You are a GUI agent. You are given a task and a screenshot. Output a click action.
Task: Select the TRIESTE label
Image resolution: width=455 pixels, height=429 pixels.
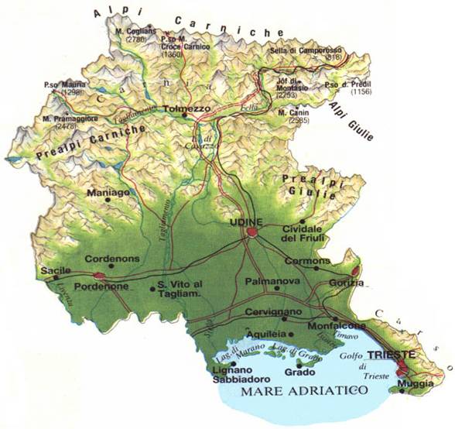point(392,355)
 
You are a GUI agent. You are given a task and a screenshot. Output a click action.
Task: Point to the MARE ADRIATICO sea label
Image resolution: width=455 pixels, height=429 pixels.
point(302,393)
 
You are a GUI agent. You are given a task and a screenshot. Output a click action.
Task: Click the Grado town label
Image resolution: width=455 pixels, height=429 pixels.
point(298,371)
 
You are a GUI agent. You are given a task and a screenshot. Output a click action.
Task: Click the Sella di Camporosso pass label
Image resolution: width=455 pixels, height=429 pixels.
point(306,51)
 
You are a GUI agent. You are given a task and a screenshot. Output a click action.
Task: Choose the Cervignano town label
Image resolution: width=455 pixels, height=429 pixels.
point(270,311)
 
